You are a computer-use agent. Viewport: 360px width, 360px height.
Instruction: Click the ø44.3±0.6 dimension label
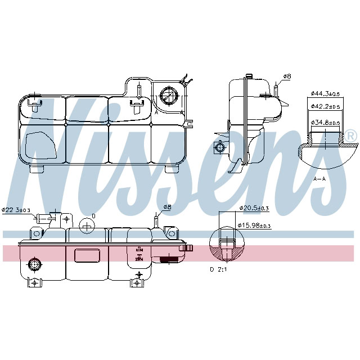[x=325, y=93]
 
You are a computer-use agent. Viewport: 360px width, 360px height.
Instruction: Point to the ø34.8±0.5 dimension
[x=325, y=122]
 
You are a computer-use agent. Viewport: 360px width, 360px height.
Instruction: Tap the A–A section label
[x=319, y=178]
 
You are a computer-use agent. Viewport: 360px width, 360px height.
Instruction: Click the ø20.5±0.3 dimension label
[x=254, y=208]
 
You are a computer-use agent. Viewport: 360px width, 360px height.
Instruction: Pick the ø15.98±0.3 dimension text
[x=254, y=226]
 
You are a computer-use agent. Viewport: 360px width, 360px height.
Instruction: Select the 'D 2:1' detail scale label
[x=218, y=269]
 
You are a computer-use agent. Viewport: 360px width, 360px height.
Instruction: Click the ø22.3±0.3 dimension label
[x=15, y=210]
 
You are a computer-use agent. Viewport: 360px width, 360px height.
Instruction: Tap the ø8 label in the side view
[x=286, y=76]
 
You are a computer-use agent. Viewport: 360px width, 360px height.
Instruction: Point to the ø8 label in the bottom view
[x=166, y=208]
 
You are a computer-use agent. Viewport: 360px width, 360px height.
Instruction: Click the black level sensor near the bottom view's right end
[x=168, y=259]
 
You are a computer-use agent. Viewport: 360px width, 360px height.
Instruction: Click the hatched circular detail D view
[x=226, y=246]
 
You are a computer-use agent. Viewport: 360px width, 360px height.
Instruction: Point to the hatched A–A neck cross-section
[x=327, y=149]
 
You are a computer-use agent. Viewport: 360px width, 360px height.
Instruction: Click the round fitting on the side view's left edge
[x=219, y=147]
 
